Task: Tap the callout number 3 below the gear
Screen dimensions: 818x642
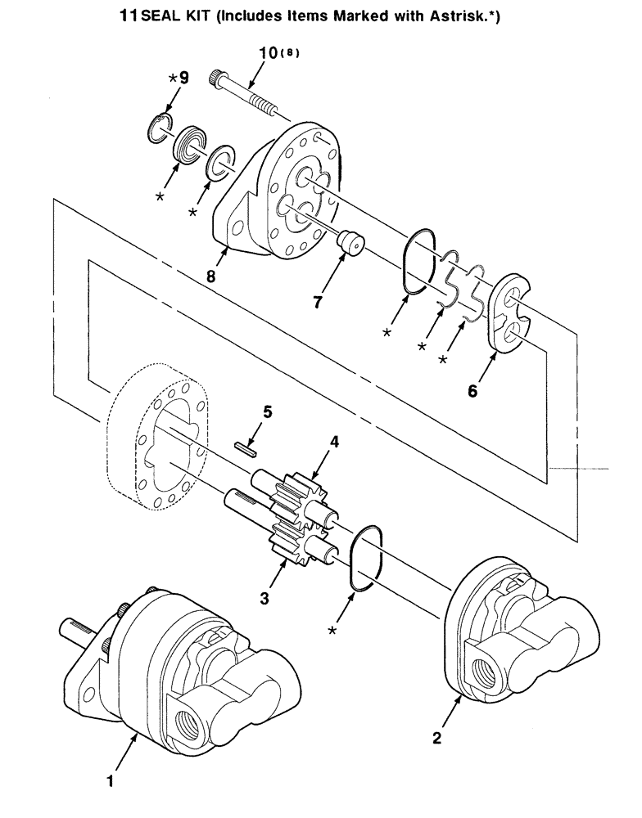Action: point(264,599)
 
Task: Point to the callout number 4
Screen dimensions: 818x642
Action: point(334,443)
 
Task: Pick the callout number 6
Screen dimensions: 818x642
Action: point(472,391)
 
